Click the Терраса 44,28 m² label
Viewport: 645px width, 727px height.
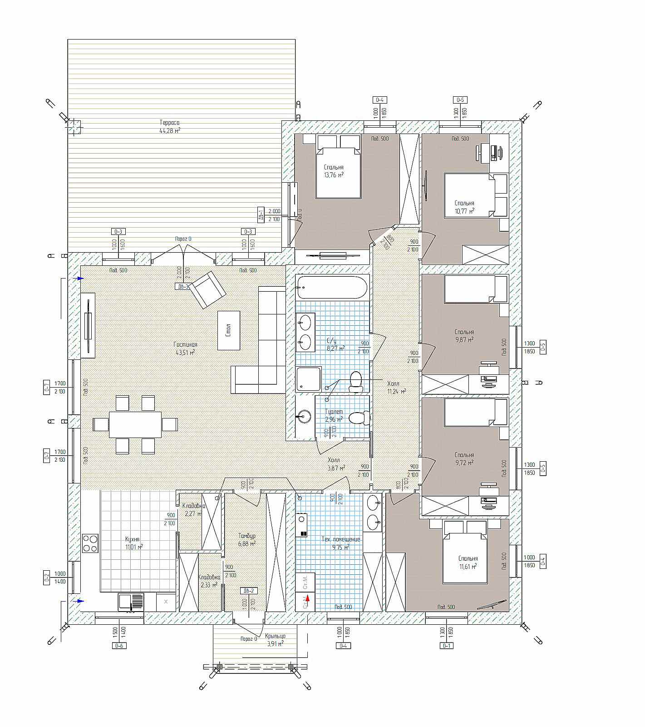click(170, 126)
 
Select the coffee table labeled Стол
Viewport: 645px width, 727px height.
click(228, 330)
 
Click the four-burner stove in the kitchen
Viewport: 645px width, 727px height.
click(90, 543)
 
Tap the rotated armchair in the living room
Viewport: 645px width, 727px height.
click(208, 289)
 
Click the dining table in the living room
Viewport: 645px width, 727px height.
click(135, 424)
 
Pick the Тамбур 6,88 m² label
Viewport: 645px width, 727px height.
click(246, 539)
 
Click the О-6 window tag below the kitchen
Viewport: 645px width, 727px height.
click(119, 646)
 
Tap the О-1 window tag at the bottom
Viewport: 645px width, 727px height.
click(446, 646)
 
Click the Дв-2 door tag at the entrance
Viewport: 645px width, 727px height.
click(249, 591)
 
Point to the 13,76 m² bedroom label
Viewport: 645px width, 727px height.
click(334, 171)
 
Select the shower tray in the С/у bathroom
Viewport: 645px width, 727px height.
click(308, 379)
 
